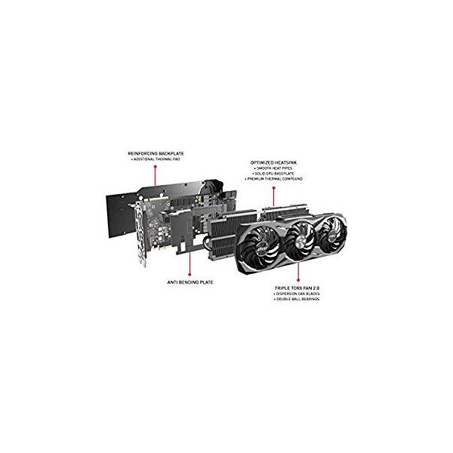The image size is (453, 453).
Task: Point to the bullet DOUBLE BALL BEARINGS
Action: click(x=300, y=300)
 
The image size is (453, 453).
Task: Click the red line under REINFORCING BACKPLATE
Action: click(x=154, y=177)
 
